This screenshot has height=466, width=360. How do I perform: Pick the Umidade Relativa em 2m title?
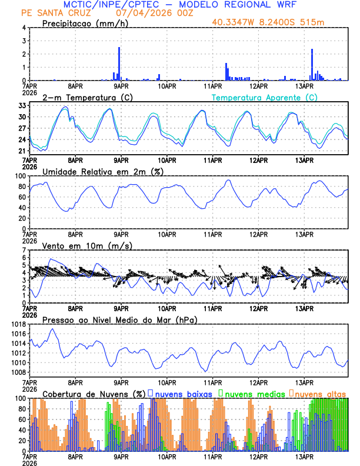coord(103,171)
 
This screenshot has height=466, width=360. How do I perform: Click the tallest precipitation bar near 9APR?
coord(119,64)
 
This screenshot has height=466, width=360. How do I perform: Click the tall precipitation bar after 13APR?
coord(312,64)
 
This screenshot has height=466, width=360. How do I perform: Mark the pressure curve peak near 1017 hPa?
coord(53,329)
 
